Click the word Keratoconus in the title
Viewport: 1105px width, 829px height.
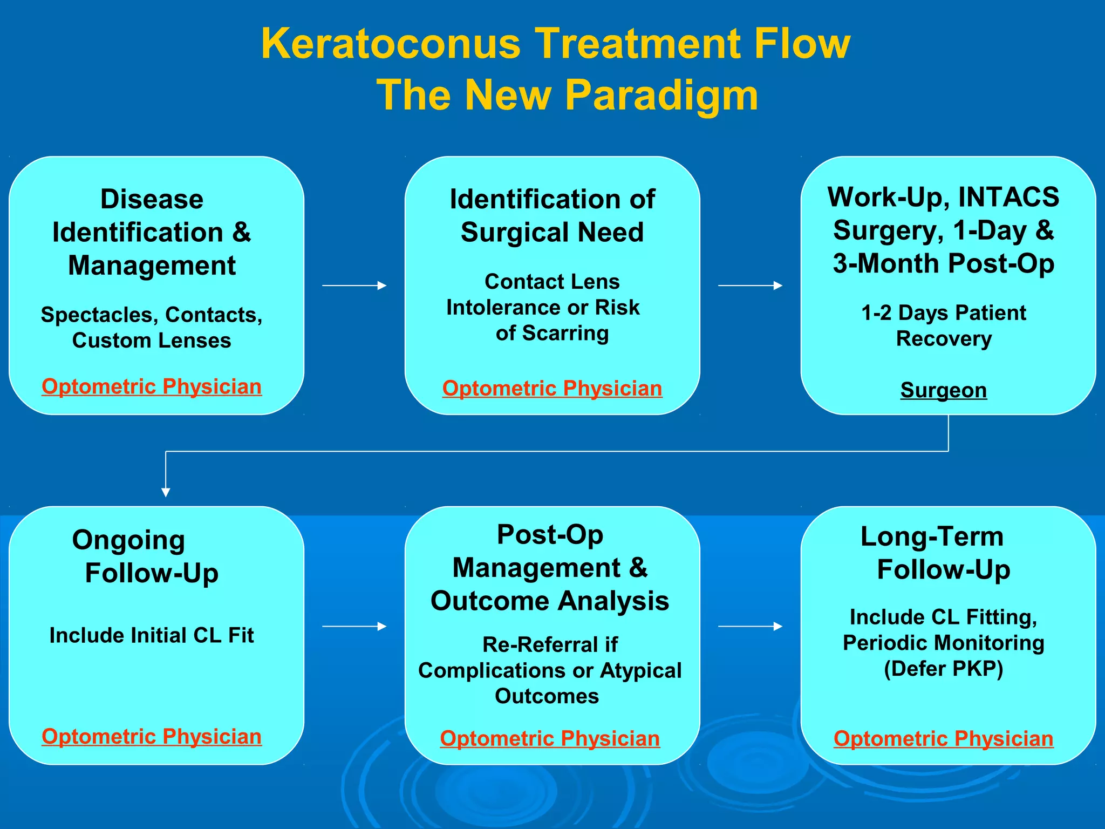(x=391, y=44)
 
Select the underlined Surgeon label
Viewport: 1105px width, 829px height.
(x=943, y=390)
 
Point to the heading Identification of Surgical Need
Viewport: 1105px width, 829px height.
(x=552, y=215)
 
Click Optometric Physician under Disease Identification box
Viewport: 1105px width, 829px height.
(x=152, y=387)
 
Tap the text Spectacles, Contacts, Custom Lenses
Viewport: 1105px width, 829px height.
(x=152, y=327)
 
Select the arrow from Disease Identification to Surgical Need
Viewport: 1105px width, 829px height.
(x=354, y=286)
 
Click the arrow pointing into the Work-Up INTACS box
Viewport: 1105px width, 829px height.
(x=750, y=286)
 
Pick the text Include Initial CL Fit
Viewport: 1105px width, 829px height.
(x=152, y=635)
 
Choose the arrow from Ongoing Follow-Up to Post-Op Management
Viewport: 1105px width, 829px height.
(x=354, y=626)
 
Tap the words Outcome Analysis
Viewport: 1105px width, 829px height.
(x=549, y=601)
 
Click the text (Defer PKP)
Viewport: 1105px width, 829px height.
(x=943, y=669)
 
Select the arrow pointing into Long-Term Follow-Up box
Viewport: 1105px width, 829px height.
(x=750, y=626)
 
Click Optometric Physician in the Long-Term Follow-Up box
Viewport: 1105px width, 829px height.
(x=943, y=739)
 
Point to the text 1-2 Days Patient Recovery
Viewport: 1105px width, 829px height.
(x=943, y=326)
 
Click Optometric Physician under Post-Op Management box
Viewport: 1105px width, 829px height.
(x=549, y=739)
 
